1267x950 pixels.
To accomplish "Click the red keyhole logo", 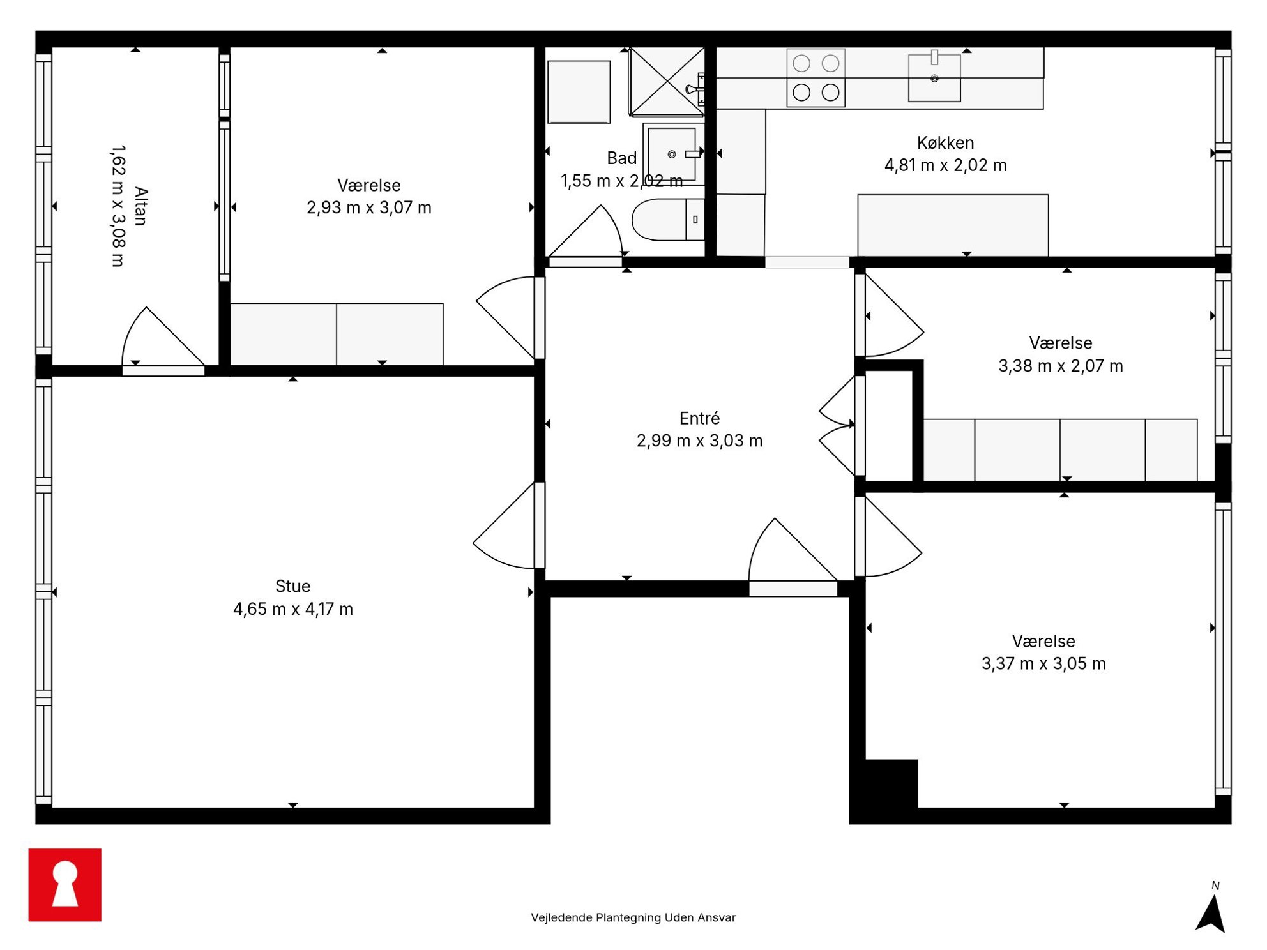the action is point(64,884).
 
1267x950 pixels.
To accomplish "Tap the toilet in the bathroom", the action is point(668,219).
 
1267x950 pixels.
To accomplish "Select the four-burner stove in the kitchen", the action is point(816,78).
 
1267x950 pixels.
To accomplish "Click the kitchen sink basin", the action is point(934,78).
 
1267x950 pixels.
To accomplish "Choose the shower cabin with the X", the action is point(667,81).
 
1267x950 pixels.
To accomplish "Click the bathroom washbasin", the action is point(672,154).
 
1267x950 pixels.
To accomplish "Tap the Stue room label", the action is point(293,585).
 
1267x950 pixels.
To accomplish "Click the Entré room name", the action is point(699,418).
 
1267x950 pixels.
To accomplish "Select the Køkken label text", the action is point(945,142).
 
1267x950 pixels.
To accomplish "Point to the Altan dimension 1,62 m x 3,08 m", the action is point(118,206).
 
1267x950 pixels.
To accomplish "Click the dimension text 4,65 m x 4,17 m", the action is point(293,608).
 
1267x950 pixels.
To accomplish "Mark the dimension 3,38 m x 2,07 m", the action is point(1060,366).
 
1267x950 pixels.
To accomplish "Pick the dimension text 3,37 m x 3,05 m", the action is point(1043,663).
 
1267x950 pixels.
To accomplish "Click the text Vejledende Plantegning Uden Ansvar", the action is point(633,917).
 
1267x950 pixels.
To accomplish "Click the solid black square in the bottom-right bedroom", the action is point(891,783).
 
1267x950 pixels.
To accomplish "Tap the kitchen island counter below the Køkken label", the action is point(953,225).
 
